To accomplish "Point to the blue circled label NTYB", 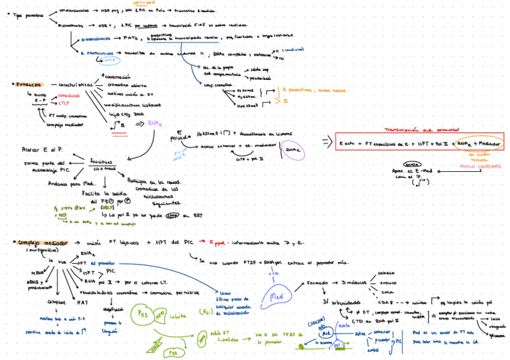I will [x=110, y=60].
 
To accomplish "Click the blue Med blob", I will [x=277, y=296].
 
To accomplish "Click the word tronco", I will [x=387, y=282].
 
